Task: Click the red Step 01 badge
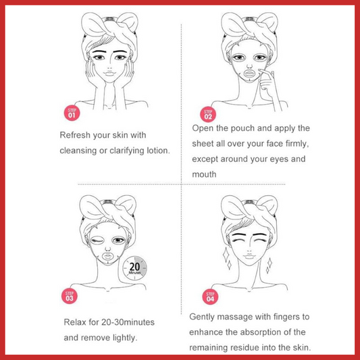[72, 113]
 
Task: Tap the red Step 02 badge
[208, 114]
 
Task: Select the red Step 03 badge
[70, 296]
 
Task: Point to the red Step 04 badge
[210, 297]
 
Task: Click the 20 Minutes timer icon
[134, 268]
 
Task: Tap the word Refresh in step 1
[75, 135]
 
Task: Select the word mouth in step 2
[204, 174]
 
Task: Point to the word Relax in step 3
[75, 322]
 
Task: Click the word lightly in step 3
[125, 338]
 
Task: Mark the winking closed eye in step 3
[97, 241]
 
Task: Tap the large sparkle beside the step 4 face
[226, 255]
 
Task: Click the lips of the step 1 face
[109, 73]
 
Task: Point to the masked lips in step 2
[249, 74]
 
